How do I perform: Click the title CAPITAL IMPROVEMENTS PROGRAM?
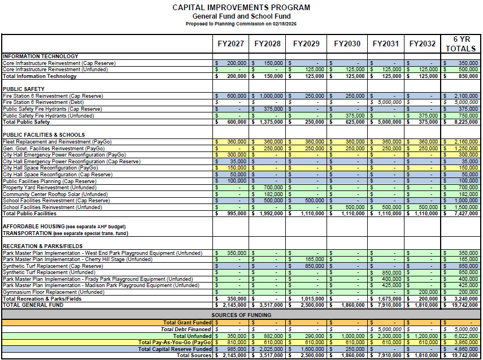point(241,8)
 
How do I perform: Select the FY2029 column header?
point(306,44)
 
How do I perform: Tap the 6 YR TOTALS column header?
point(460,44)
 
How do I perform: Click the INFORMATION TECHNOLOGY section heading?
point(41,57)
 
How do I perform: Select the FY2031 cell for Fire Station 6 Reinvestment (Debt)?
point(386,102)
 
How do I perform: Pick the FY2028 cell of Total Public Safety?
point(268,122)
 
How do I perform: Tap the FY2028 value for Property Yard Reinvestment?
point(268,187)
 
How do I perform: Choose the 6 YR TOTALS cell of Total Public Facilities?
point(460,214)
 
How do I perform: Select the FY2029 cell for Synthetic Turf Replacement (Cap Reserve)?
point(306,266)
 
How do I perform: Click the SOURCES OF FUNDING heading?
point(241,315)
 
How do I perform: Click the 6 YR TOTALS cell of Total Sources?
point(460,356)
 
